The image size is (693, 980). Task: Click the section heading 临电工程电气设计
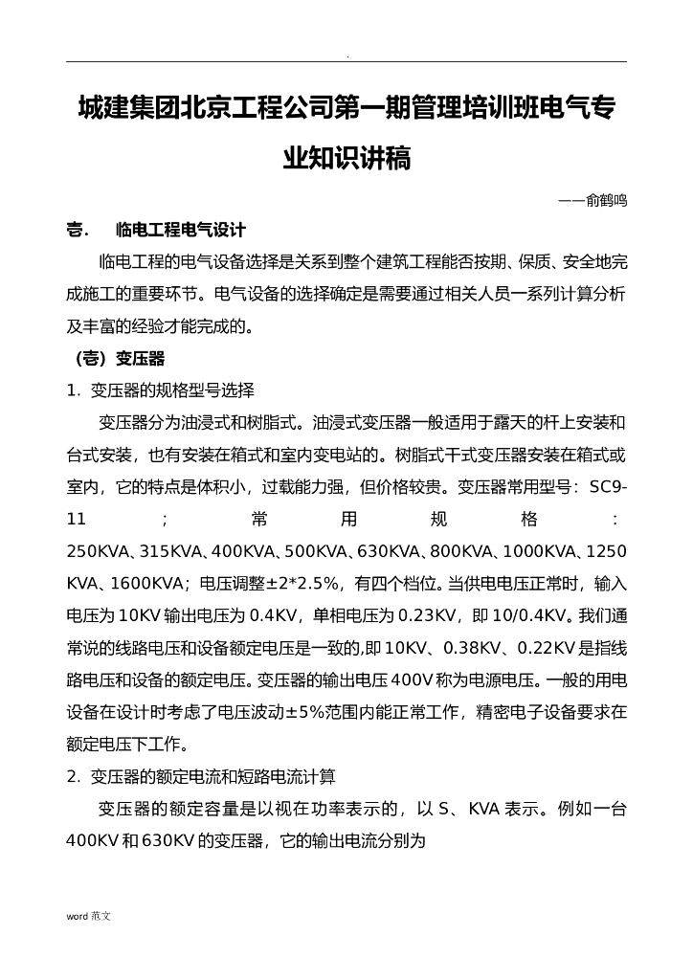[181, 231]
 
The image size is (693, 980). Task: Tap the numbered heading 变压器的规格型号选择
[172, 390]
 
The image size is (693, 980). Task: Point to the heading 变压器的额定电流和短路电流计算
[212, 776]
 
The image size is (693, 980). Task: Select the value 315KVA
[171, 551]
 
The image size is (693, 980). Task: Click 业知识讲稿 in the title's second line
[346, 158]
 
